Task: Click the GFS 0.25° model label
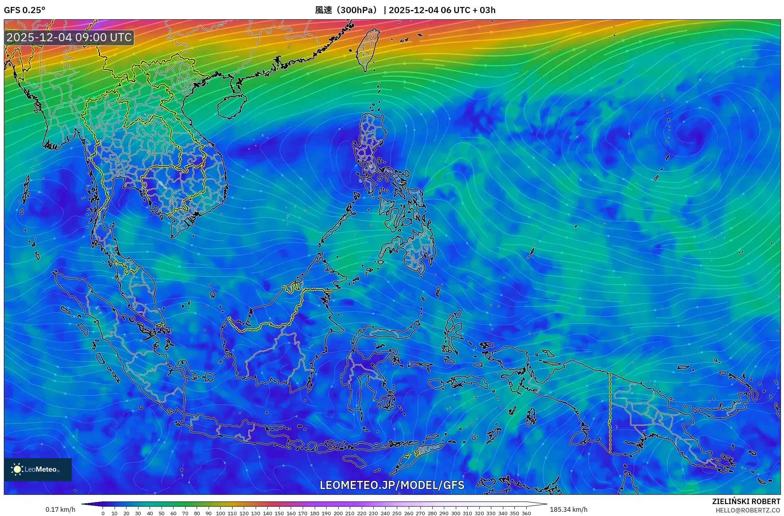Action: point(24,10)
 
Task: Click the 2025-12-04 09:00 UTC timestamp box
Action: point(69,37)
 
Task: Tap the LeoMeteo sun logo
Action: point(17,469)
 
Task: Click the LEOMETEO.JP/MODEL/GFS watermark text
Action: point(392,485)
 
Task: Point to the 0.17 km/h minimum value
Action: point(60,509)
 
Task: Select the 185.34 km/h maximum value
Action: point(568,509)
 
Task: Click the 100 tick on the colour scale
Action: point(221,513)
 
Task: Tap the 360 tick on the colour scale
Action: point(526,513)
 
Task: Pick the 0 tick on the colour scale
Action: point(103,513)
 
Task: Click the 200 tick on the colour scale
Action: point(338,513)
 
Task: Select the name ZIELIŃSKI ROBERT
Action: point(746,501)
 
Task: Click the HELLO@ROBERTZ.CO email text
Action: point(748,510)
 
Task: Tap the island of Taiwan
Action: point(368,49)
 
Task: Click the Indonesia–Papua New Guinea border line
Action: point(610,413)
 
